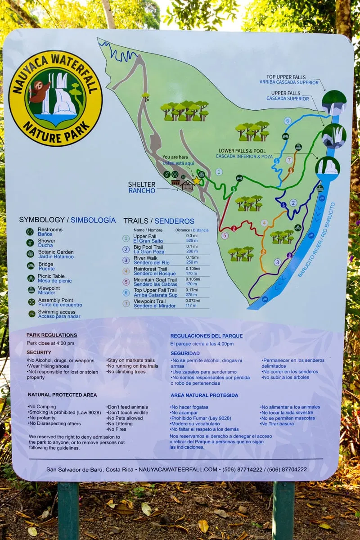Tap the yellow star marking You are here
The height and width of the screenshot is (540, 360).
click(197, 180)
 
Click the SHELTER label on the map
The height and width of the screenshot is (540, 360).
click(142, 184)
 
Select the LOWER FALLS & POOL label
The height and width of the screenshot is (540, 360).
click(248, 151)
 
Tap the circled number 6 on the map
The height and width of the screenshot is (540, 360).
click(287, 121)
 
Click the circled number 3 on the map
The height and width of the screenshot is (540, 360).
click(278, 262)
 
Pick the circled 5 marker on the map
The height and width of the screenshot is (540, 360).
click(225, 235)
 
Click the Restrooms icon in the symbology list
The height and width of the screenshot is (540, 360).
click(30, 232)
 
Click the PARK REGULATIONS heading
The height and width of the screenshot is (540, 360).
click(51, 335)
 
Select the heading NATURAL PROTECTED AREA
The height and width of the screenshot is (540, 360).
click(62, 395)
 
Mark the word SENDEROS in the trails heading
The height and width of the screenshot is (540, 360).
click(174, 221)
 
